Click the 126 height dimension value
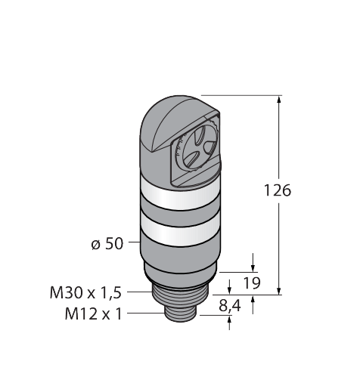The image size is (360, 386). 278,190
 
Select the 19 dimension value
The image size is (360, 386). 252,283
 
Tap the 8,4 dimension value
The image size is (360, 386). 230,306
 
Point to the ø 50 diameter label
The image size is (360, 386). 107,244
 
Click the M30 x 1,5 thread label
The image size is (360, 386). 85,292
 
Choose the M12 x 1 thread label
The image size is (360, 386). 93,313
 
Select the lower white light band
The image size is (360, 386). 180,229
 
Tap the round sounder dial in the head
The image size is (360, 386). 197,149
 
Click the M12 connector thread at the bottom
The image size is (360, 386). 181,314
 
